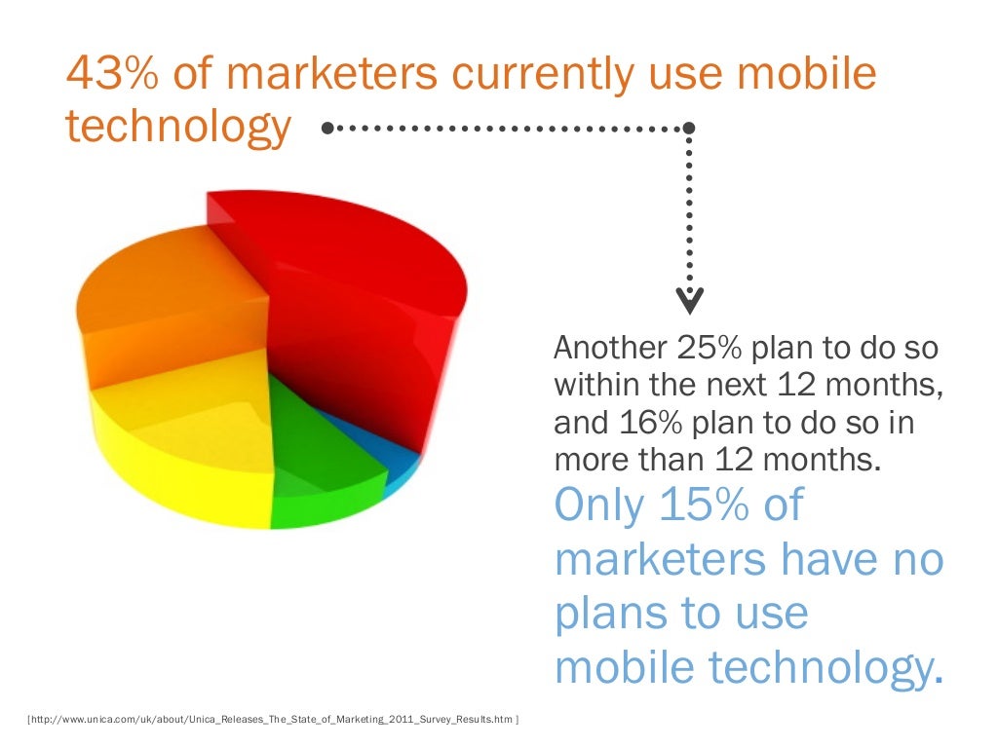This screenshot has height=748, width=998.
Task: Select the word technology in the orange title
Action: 178,128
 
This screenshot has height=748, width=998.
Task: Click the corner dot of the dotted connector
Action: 689,128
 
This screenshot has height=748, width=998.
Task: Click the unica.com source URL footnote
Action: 274,720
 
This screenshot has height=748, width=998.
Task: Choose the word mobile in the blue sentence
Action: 625,667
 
